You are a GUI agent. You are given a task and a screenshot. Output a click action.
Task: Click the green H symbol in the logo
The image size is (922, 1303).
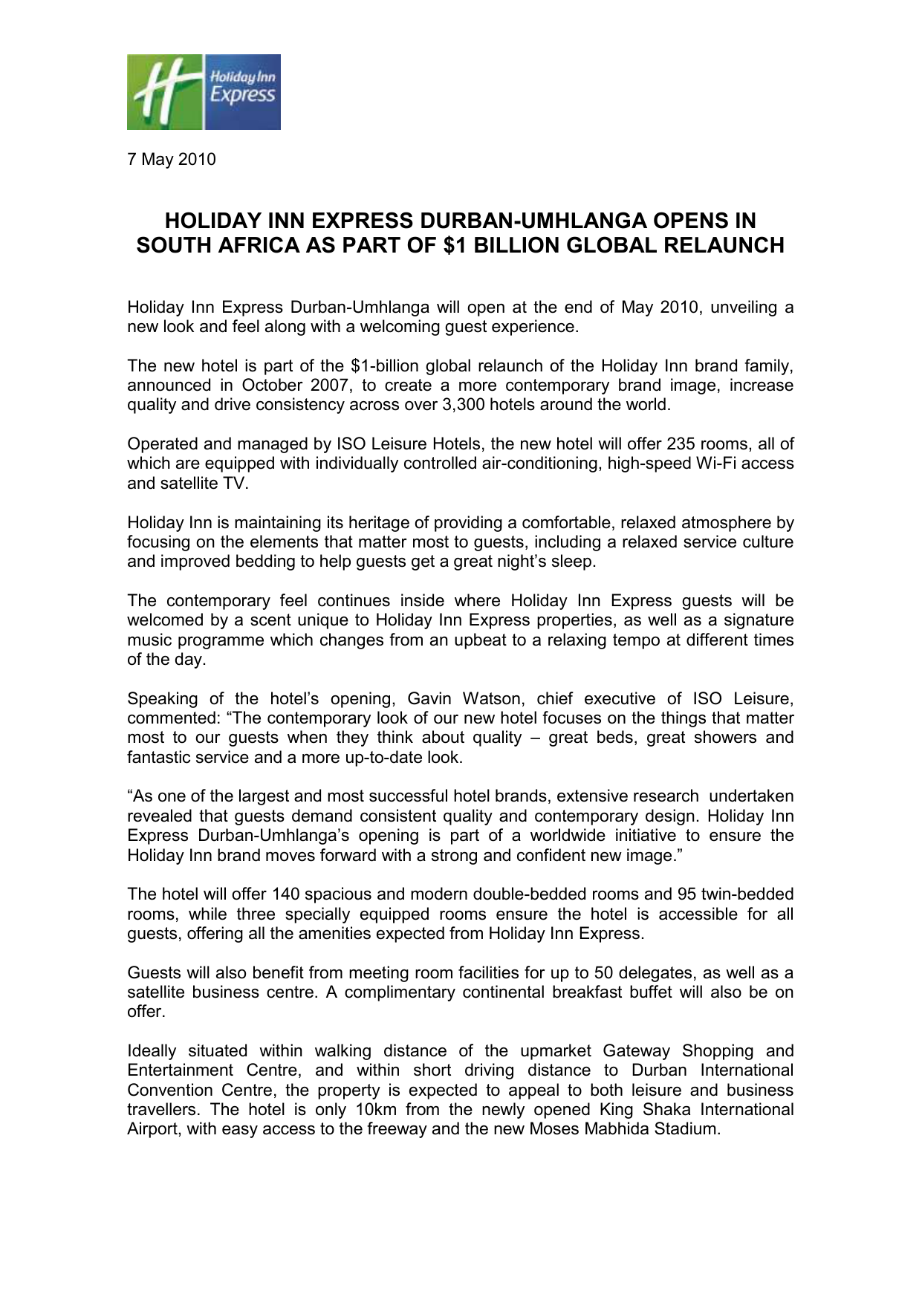pos(162,93)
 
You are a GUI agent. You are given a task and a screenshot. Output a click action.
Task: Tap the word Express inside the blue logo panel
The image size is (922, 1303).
pos(242,95)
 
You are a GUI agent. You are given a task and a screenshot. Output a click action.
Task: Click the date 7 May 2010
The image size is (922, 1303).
pos(172,160)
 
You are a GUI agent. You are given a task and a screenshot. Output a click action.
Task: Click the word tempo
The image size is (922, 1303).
pos(636,640)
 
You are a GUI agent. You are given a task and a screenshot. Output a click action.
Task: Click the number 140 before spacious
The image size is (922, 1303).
pos(286,894)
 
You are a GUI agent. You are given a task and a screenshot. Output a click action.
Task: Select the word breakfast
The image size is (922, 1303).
pos(587,992)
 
